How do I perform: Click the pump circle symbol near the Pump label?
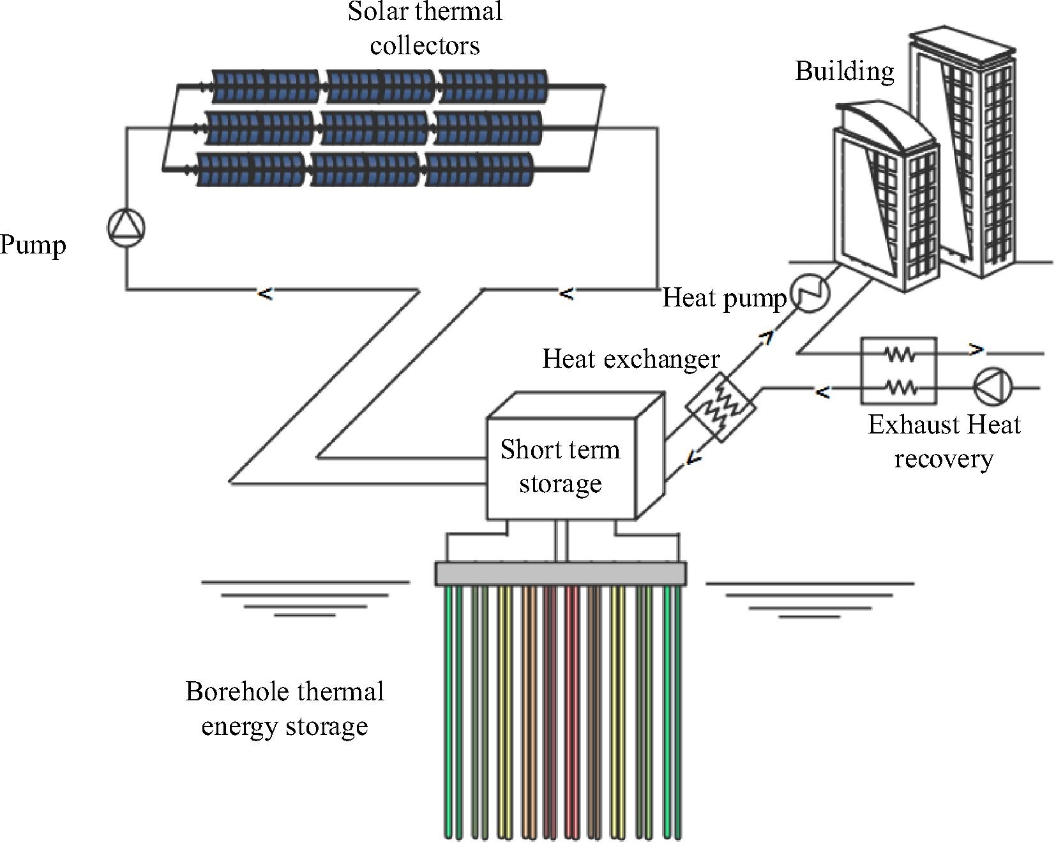(126, 228)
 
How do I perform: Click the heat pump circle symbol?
(810, 294)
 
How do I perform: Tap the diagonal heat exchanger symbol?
(721, 407)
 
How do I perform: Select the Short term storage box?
(561, 467)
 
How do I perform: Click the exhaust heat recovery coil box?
(898, 371)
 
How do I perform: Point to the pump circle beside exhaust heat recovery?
(993, 387)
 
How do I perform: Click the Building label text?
(844, 71)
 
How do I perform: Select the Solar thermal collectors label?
(425, 28)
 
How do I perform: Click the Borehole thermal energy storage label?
(285, 709)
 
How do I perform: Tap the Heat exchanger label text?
(631, 359)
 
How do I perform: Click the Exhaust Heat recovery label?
(944, 442)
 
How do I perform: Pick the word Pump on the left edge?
(33, 245)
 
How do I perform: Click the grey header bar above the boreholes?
(561, 573)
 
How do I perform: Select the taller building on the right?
(964, 153)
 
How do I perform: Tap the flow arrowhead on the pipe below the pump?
(265, 294)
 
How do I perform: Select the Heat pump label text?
(724, 298)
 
